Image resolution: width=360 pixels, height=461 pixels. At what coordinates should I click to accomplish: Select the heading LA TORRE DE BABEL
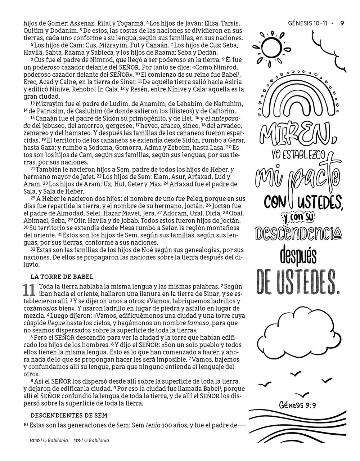click(62, 277)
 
